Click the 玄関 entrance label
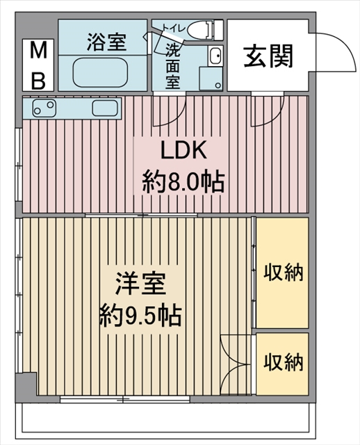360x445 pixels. pyautogui.click(x=268, y=57)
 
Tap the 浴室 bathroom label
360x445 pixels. pyautogui.click(x=106, y=42)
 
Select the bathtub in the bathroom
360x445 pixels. pyautogui.click(x=100, y=72)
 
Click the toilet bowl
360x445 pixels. pyautogui.click(x=200, y=30)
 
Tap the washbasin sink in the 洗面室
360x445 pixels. pyautogui.click(x=215, y=56)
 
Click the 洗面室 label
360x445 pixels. pyautogui.click(x=172, y=65)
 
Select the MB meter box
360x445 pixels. pyautogui.click(x=38, y=65)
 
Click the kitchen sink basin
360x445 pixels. pyautogui.click(x=105, y=108)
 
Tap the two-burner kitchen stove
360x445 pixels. pyautogui.click(x=44, y=108)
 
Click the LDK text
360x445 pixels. pyautogui.click(x=183, y=150)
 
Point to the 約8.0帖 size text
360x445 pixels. pyautogui.click(x=183, y=181)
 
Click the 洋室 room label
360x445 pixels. pyautogui.click(x=140, y=284)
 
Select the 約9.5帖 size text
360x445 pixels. pyautogui.click(x=140, y=316)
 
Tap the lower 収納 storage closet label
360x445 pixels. pyautogui.click(x=284, y=362)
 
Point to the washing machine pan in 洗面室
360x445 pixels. pyautogui.click(x=211, y=79)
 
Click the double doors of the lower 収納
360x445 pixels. pyautogui.click(x=236, y=364)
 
